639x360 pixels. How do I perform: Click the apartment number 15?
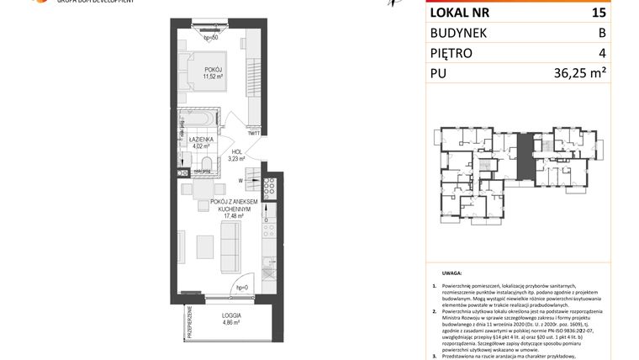[600, 12]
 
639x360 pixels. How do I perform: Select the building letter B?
[601, 33]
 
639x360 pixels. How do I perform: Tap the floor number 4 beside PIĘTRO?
[601, 54]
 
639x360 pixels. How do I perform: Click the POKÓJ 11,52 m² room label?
[211, 73]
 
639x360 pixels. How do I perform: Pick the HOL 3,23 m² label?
[236, 154]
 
